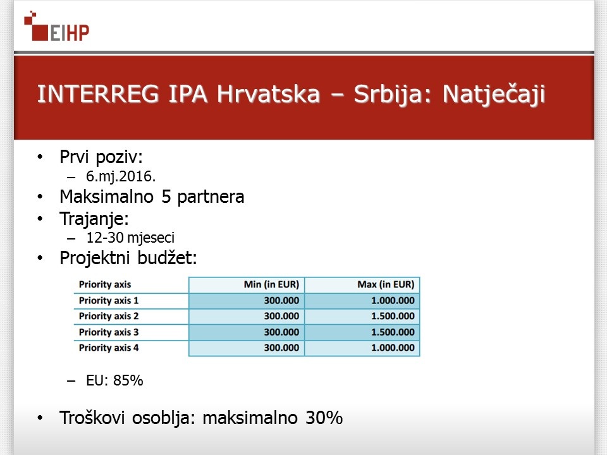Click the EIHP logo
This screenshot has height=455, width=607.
(56, 27)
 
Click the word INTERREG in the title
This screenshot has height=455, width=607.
(98, 94)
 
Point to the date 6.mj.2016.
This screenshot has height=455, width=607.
(121, 176)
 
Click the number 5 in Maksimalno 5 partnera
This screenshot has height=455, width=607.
(166, 197)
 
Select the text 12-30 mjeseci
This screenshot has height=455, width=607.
(130, 238)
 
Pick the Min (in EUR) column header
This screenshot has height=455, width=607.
(271, 285)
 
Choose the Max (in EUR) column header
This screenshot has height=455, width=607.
(386, 285)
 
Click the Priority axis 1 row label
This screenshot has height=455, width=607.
(109, 301)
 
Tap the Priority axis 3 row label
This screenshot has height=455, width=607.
(109, 332)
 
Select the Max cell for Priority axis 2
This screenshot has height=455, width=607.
(393, 316)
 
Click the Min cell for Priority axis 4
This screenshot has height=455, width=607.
(281, 348)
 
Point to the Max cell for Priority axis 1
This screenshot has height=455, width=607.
(393, 301)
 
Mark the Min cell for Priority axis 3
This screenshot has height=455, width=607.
(281, 332)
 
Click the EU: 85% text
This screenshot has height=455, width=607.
(114, 380)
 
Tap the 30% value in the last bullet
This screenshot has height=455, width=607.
(324, 418)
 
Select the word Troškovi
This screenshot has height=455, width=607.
(92, 418)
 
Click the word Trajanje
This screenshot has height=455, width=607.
(94, 219)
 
